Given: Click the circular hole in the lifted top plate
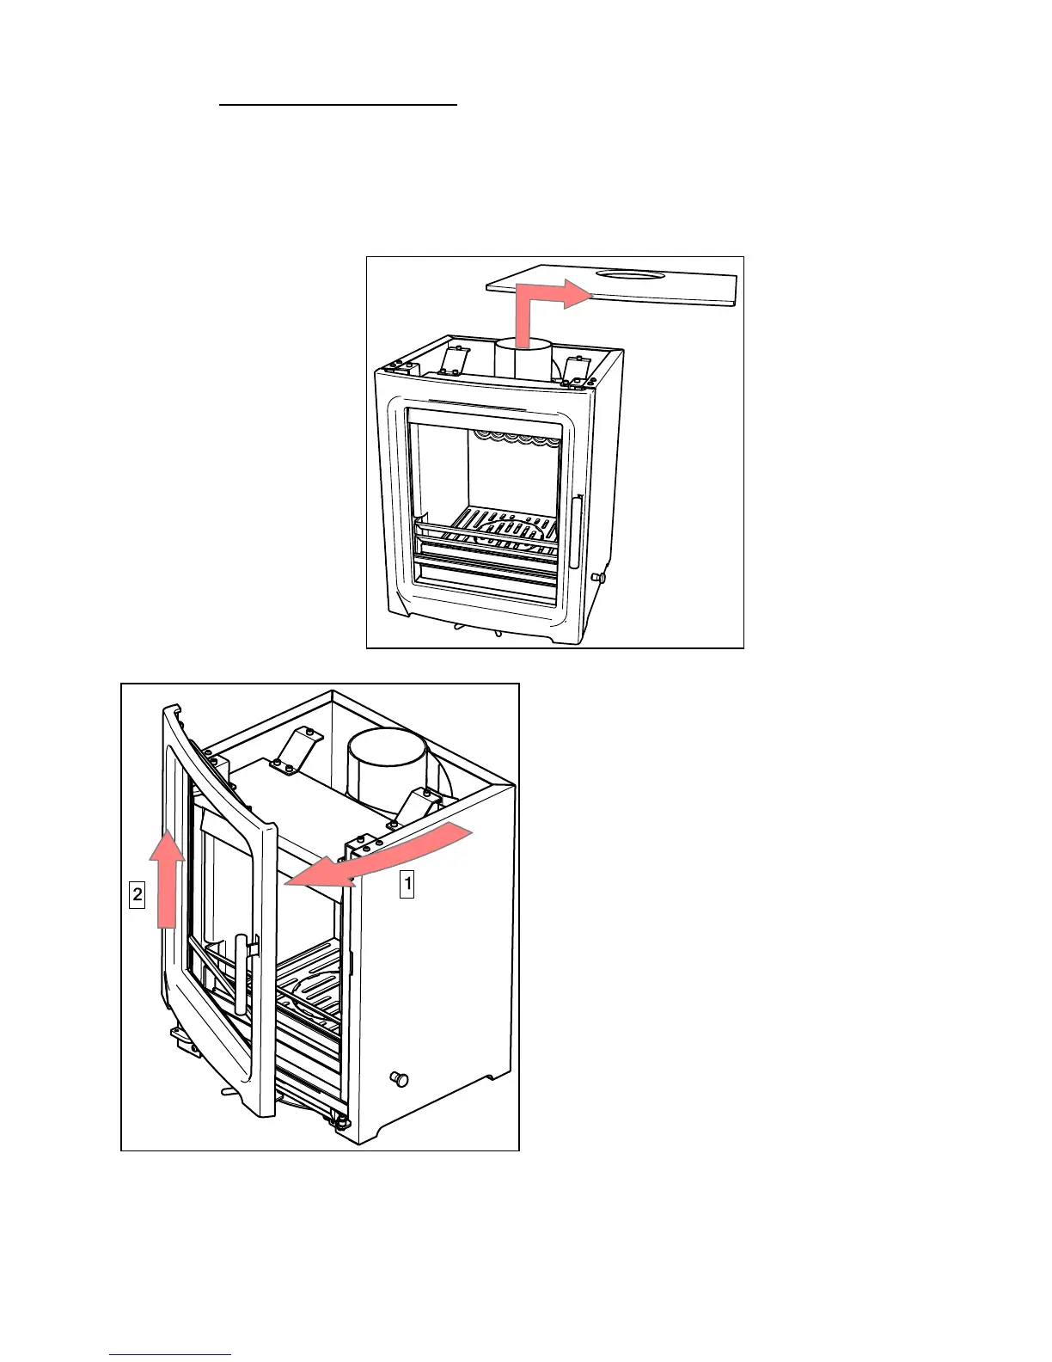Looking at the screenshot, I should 631,275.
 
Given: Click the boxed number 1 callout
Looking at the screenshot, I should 407,884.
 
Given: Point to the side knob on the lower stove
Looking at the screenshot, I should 399,1079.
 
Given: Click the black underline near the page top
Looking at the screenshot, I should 338,105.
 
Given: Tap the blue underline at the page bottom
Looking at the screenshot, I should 170,1353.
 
